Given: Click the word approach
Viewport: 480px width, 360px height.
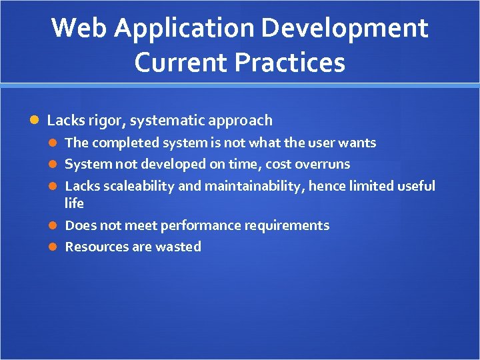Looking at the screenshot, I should coord(240,121).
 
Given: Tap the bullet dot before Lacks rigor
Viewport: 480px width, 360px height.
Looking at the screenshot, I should coord(35,121).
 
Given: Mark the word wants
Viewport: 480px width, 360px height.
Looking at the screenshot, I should coord(357,143).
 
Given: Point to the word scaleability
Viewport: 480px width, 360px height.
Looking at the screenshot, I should coord(139,186).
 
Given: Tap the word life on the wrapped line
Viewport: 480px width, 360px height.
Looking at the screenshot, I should coord(74,203).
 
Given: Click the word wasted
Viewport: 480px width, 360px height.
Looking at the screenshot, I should coord(178,247).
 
